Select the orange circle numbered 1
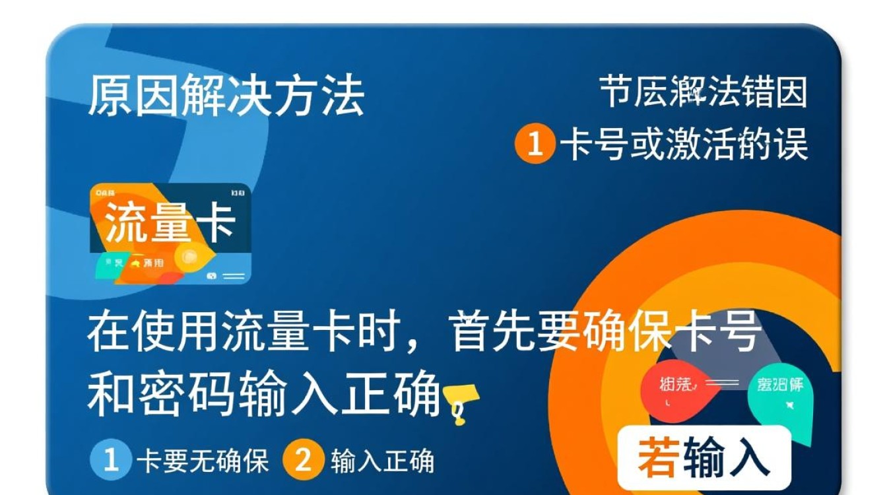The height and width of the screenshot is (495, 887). point(535,143)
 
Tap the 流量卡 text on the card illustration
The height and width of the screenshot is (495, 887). point(170,222)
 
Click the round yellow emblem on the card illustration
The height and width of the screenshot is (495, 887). point(191,255)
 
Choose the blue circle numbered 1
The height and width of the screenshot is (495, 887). point(109,459)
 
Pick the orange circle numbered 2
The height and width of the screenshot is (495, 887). point(303,459)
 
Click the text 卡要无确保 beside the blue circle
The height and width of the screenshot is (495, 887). point(203,460)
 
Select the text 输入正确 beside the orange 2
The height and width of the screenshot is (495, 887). point(382,460)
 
